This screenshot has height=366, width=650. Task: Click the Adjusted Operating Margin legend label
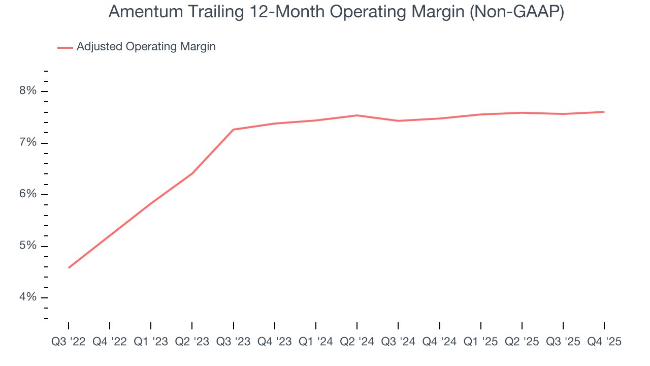pos(146,47)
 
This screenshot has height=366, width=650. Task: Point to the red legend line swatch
pos(65,47)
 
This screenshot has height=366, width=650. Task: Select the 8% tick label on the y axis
pos(28,91)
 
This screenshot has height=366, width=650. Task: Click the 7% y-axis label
pos(28,143)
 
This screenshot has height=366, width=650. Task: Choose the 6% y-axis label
pos(28,194)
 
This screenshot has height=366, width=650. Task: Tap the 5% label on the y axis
pos(28,246)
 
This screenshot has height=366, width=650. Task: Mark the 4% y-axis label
pos(28,297)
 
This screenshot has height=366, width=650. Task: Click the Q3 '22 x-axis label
pos(69,342)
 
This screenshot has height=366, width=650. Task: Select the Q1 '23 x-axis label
pos(151,342)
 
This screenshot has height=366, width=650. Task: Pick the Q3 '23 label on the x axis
pos(233,342)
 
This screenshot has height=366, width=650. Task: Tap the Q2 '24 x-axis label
pos(357,342)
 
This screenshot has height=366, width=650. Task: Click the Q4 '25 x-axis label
pos(604,342)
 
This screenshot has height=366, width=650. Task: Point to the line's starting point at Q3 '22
pos(69,267)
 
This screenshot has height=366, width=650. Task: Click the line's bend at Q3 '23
pos(233,130)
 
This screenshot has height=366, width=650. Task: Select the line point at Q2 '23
pos(192,174)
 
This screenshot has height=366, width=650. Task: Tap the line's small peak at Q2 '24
pos(357,115)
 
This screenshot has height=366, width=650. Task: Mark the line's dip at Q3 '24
pos(398,121)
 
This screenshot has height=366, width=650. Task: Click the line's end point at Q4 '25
pos(604,112)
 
